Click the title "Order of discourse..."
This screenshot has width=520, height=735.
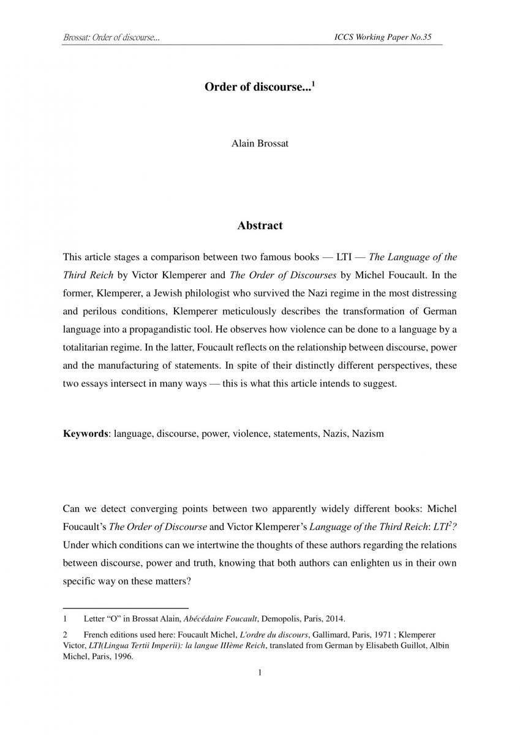click(257, 88)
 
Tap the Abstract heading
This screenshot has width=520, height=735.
click(260, 225)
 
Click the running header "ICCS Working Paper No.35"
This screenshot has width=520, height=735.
click(383, 37)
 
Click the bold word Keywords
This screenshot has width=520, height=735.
click(86, 434)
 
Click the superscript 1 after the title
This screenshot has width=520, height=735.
click(313, 84)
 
